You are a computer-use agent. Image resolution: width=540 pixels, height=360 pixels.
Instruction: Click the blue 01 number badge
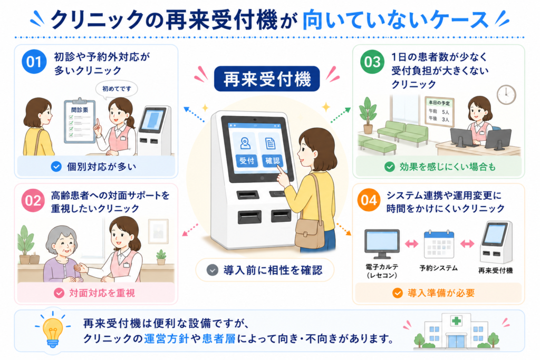point(34,62)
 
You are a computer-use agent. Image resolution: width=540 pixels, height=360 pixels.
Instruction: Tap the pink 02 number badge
point(33,200)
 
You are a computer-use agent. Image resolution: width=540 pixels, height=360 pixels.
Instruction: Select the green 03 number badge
point(372,62)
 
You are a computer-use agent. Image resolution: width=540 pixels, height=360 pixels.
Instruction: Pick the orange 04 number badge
point(369,200)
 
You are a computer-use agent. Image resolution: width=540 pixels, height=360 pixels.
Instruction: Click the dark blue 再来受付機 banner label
point(267,79)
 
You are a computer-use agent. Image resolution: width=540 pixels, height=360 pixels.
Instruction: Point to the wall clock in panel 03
point(506,95)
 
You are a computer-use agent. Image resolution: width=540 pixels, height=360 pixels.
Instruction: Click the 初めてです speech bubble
point(117,89)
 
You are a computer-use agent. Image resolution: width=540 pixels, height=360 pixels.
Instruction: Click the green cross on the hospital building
point(456,321)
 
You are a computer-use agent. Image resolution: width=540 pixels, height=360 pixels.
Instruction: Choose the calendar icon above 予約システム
point(439,245)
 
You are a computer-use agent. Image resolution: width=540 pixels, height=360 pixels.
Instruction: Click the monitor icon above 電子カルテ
point(382,244)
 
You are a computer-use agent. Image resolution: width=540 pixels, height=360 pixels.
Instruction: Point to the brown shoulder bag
point(309,233)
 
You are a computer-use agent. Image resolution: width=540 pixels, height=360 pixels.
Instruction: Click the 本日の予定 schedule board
point(439,112)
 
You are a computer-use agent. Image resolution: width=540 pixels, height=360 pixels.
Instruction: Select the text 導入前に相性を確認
point(273,270)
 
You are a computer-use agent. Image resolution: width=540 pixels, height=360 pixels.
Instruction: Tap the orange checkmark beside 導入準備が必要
point(398,293)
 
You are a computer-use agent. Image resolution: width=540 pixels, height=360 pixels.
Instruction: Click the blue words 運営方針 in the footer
point(166,339)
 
